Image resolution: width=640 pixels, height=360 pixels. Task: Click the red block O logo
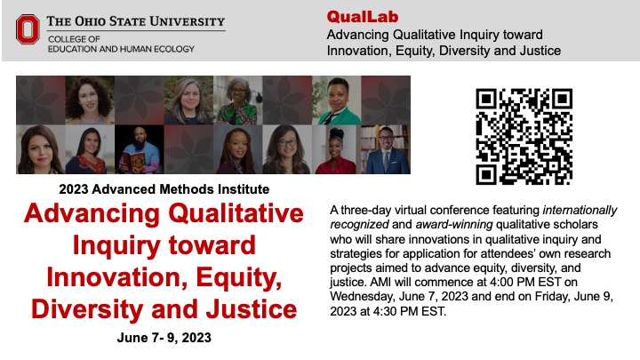pos(28,29)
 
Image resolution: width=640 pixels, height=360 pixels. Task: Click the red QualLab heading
pos(363,17)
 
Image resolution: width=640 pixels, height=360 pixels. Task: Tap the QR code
pos(524,137)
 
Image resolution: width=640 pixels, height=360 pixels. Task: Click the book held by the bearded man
pos(135,161)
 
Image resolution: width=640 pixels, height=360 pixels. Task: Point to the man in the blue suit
pos(385,149)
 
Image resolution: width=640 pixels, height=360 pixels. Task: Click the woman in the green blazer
pos(337,100)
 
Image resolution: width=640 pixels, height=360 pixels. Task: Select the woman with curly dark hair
pos(90,100)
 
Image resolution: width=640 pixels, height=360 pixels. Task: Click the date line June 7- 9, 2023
pos(164,338)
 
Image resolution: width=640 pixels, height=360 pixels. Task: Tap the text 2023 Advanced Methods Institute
pos(164,189)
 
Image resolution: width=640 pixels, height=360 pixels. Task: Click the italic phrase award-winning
pos(454,225)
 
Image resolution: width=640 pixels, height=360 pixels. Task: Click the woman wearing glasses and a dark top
pos(286,149)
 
